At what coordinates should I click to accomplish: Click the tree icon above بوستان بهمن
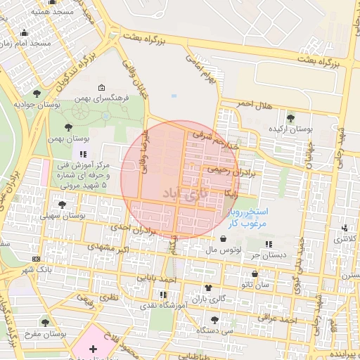67,127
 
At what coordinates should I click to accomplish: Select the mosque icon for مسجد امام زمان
25,32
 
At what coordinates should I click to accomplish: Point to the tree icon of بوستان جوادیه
37,93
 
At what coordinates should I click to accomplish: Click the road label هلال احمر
253,104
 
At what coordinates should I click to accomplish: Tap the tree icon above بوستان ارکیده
290,117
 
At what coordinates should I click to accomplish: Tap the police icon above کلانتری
345,228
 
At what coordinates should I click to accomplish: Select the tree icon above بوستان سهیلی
63,205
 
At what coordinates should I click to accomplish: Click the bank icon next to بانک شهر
37,259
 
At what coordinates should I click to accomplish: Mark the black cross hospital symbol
94,349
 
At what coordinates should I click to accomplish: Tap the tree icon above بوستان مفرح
46,323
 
